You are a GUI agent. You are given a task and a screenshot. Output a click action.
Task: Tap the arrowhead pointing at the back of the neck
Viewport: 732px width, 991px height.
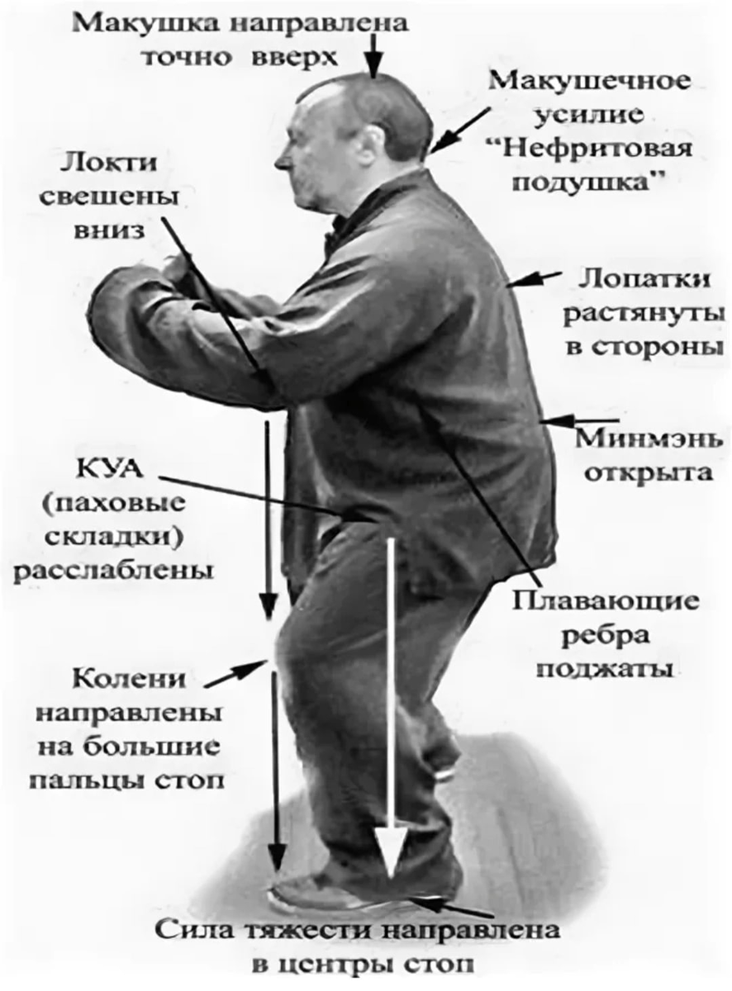[x=438, y=147]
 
